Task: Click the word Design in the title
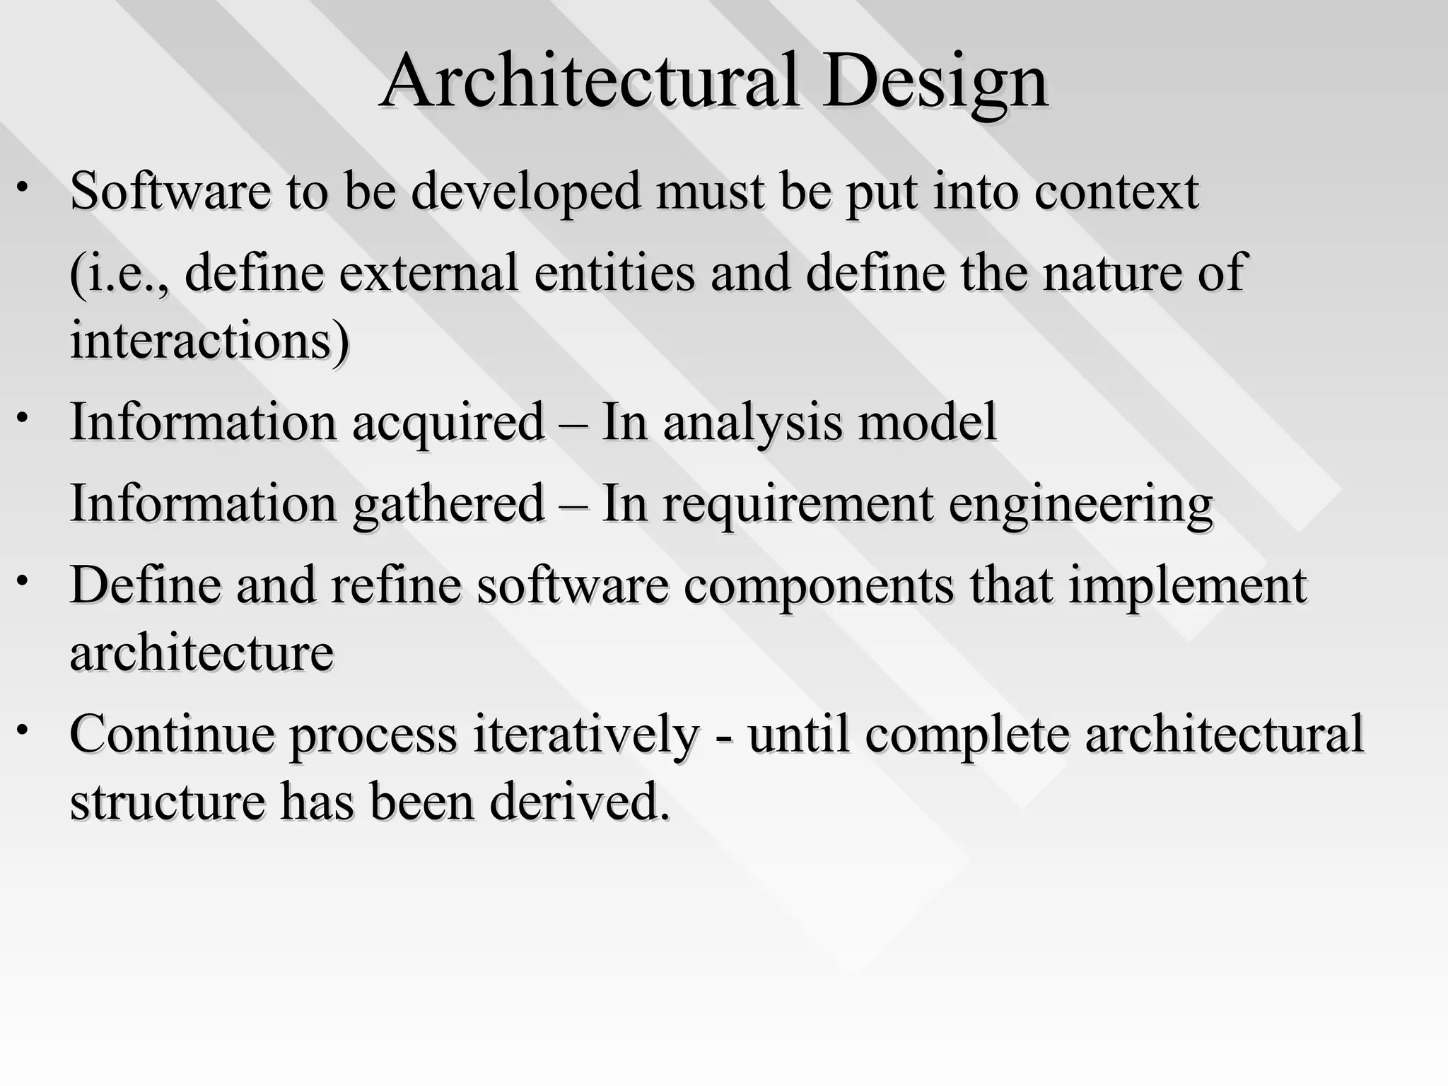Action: [934, 83]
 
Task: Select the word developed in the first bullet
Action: [526, 192]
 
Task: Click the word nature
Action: [1111, 274]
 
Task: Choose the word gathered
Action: [448, 505]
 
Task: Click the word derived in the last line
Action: [580, 802]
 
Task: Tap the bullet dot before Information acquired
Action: [23, 417]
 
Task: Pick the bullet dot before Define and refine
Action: [23, 580]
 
